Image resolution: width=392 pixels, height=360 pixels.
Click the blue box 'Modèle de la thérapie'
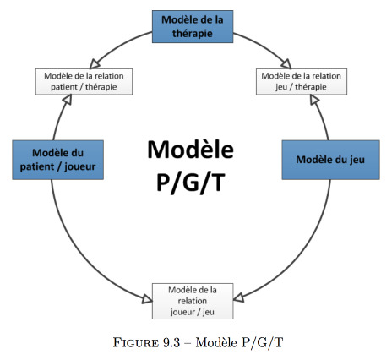tap(193, 27)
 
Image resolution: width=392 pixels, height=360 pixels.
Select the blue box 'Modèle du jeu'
tap(331, 160)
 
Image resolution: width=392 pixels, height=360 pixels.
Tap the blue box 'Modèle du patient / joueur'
tap(57, 160)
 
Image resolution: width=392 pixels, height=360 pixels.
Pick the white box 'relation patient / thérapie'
tap(84, 81)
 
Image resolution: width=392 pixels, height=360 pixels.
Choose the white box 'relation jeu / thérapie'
tap(302, 81)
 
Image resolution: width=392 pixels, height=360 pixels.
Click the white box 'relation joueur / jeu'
tap(193, 301)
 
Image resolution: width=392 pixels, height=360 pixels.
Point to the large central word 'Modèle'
tap(191, 150)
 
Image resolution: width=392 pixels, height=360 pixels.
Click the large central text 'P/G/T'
tap(191, 182)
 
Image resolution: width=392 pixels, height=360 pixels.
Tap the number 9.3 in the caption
tap(171, 342)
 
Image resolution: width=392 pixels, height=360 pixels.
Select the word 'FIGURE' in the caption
tap(136, 342)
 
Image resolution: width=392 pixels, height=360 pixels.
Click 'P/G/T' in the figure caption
tap(262, 342)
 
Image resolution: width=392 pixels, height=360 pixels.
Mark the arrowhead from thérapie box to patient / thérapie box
tap(94, 64)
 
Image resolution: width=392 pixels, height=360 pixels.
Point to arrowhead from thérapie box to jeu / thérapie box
tap(286, 64)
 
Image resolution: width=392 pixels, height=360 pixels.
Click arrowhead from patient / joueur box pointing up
tap(67, 100)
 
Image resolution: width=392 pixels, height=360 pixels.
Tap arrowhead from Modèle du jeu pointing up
tap(314, 100)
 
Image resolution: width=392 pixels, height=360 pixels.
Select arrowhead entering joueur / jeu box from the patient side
tap(147, 299)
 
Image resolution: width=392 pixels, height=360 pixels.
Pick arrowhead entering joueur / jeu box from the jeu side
tap(239, 297)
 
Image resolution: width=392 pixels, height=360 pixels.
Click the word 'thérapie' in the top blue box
tap(193, 34)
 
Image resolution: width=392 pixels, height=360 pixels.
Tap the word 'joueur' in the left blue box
tap(80, 167)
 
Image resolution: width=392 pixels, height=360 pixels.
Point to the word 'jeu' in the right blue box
tap(357, 161)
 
